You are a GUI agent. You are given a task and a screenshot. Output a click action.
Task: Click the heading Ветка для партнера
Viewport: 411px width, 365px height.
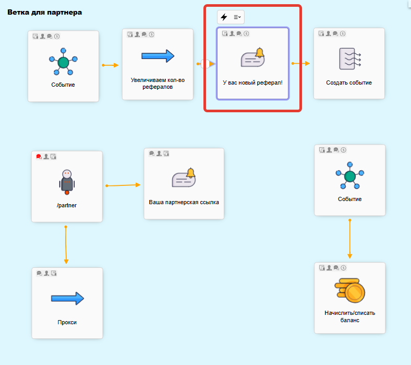point(44,11)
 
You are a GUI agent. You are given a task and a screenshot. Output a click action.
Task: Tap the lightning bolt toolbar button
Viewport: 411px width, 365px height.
point(224,17)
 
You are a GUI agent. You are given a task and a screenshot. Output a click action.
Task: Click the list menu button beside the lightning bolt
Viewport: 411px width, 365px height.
point(237,17)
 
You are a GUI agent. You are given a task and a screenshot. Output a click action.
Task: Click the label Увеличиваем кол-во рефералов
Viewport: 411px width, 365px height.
point(158,84)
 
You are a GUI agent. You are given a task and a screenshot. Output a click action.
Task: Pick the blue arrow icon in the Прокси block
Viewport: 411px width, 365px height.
point(67,299)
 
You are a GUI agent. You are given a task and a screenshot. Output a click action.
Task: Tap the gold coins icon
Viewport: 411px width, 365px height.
point(349,290)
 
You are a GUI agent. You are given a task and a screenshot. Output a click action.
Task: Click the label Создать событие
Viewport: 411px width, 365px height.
point(349,83)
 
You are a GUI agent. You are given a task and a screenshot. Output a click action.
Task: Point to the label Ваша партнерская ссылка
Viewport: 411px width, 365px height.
point(184,202)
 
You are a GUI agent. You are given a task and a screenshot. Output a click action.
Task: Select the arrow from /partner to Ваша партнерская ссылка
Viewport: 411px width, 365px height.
point(124,185)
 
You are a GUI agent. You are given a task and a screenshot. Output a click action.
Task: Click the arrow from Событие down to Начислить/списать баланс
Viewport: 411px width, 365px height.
point(349,239)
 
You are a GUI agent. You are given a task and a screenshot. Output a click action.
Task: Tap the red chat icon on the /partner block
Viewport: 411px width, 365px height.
point(39,157)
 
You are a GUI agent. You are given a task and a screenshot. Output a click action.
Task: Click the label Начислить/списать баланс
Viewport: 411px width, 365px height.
point(349,316)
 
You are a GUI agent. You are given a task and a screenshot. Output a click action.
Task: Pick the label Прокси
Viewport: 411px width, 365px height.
point(67,322)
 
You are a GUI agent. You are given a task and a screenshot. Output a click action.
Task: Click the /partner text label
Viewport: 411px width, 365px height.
point(67,205)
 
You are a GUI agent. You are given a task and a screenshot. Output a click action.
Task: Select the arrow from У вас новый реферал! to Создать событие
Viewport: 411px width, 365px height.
point(300,64)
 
